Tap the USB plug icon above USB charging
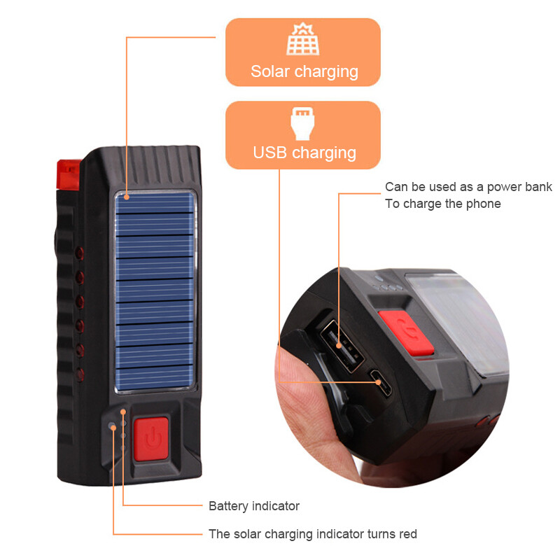tap(303, 123)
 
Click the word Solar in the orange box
tap(270, 71)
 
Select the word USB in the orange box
tap(269, 153)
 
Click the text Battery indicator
tap(254, 505)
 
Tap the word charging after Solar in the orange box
tap(325, 71)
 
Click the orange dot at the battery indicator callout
tap(123, 412)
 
